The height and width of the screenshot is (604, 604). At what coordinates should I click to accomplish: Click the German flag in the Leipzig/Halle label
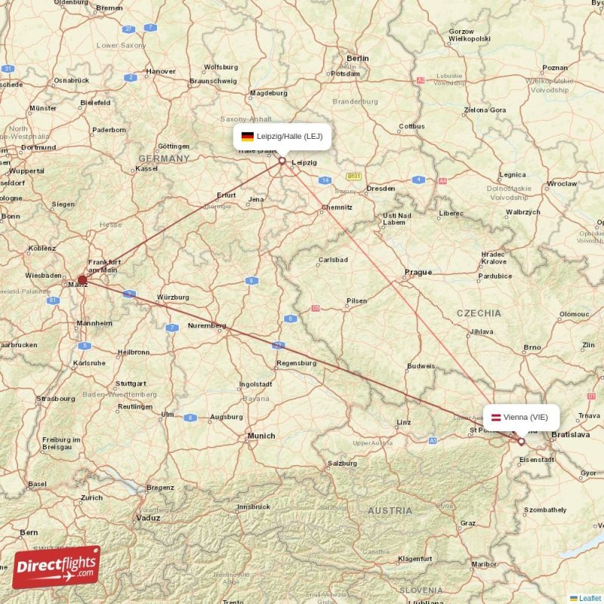[x=247, y=137]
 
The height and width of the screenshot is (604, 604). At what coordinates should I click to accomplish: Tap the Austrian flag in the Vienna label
[x=496, y=418]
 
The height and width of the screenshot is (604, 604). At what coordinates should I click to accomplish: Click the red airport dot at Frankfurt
[x=82, y=280]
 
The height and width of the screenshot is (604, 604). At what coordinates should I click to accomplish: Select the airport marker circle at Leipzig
[x=282, y=160]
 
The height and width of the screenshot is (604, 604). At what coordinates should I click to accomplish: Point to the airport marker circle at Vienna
[x=521, y=442]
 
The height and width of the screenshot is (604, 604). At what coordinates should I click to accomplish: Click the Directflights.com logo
[x=57, y=567]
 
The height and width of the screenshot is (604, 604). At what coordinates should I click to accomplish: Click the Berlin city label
[x=357, y=58]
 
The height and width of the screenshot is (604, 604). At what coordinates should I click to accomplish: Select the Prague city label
[x=418, y=272]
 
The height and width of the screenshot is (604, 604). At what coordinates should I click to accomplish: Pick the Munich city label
[x=261, y=436]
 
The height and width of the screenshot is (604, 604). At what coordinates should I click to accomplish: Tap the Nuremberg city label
[x=207, y=325]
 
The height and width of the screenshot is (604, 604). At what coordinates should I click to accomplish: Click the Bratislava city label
[x=571, y=435]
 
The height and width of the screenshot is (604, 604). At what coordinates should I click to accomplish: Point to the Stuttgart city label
[x=131, y=383]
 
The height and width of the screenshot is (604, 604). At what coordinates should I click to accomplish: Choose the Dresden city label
[x=381, y=188]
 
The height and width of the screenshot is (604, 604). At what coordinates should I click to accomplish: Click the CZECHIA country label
[x=479, y=313]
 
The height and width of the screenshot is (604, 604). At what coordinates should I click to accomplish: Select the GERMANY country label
[x=164, y=159]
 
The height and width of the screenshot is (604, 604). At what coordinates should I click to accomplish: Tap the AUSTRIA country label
[x=390, y=511]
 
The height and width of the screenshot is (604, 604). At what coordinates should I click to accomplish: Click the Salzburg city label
[x=342, y=463]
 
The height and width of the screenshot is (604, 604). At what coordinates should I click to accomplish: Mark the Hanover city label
[x=161, y=72]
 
